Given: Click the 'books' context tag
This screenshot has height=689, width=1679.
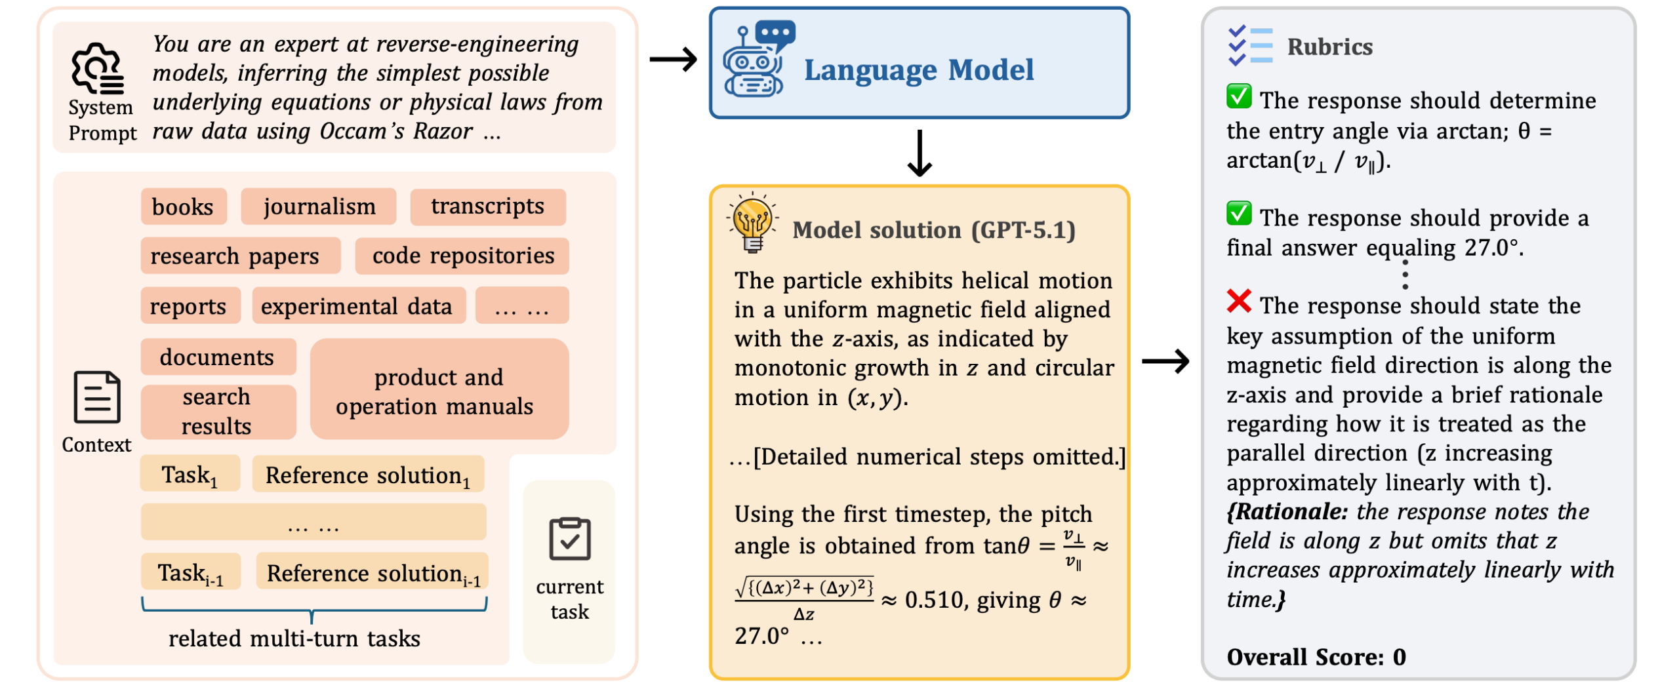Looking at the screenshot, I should tap(183, 207).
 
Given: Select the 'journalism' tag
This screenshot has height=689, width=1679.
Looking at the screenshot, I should tap(319, 207).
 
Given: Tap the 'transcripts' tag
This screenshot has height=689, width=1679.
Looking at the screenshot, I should tap(487, 207).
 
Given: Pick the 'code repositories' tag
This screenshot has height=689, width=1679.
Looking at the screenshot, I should tap(462, 256).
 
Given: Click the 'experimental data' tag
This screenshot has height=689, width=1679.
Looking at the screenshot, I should tap(358, 306).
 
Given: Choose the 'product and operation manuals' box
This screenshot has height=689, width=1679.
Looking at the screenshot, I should tap(439, 391).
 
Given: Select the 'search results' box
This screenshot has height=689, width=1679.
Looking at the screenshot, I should tap(217, 412).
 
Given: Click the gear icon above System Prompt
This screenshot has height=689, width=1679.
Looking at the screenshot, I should tap(98, 68).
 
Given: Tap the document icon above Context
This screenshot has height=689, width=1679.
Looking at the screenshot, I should tap(96, 397).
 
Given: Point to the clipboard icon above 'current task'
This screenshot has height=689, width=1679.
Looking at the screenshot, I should tap(569, 540).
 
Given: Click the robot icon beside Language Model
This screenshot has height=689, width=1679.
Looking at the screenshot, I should tap(756, 60).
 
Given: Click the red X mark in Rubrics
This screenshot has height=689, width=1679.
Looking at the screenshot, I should tap(1239, 302).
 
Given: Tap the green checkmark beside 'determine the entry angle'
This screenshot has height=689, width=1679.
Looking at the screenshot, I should tap(1239, 97).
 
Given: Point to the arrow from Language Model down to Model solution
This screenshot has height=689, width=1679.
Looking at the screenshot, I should tap(920, 153).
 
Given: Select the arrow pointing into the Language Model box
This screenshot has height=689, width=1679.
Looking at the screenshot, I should tap(673, 60).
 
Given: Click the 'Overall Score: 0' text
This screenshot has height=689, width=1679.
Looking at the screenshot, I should tap(1316, 657).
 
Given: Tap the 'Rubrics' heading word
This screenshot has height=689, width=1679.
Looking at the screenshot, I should tap(1329, 47).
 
